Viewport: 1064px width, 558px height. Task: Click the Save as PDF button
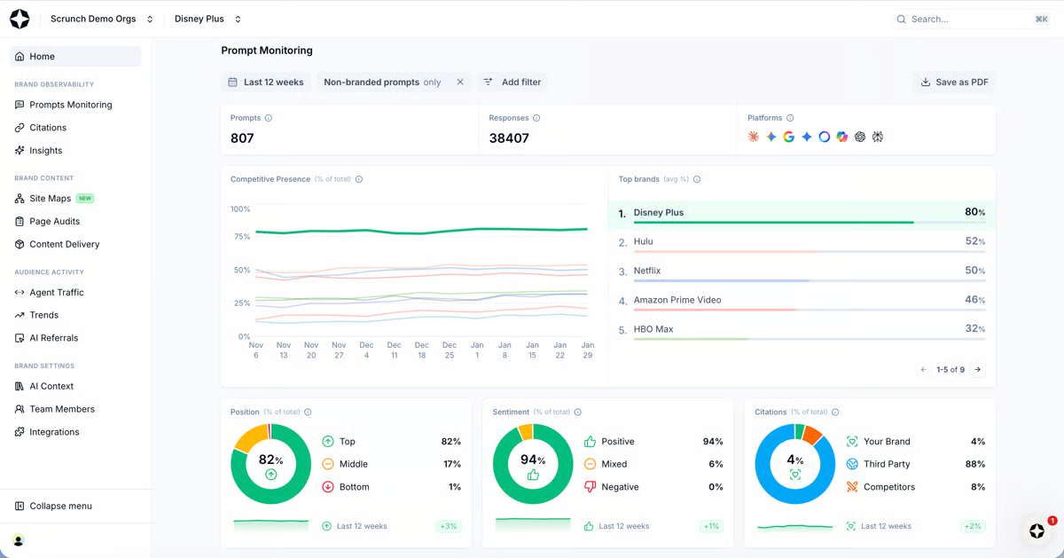954,83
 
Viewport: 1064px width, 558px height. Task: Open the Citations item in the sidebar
48,128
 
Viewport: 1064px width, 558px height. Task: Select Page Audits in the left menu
54,222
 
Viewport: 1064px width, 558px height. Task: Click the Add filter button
512,83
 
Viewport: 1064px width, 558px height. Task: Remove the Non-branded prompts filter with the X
460,83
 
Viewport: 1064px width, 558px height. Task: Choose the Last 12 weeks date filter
265,83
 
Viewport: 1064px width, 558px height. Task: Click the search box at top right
971,19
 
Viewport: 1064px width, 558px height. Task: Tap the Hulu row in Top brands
643,241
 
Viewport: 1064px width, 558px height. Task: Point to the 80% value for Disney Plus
974,212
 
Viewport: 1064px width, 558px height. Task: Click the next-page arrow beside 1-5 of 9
978,370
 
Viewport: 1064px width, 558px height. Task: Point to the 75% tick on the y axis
241,237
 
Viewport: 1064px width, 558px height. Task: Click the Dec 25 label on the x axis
450,350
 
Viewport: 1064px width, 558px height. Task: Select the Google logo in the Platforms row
788,138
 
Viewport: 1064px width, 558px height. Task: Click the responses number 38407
509,138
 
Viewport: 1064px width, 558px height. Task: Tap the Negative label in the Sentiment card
620,487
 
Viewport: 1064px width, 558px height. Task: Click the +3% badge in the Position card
449,526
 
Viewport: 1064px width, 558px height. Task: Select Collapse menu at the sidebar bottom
60,507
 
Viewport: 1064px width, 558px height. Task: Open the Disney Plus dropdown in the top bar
207,19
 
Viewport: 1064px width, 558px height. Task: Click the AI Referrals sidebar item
53,338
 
